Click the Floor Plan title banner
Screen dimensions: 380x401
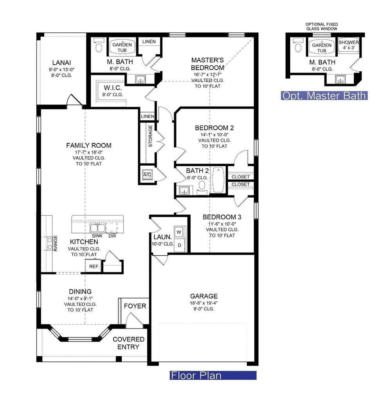pyautogui.click(x=213, y=375)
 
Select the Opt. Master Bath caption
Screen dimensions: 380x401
pyautogui.click(x=324, y=96)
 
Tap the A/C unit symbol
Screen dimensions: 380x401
pyautogui.click(x=147, y=175)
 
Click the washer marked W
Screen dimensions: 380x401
pyautogui.click(x=179, y=232)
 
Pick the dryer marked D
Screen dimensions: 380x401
pyautogui.click(x=179, y=245)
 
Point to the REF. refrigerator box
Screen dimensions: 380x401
pyautogui.click(x=94, y=266)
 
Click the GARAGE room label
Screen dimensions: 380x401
pyautogui.click(x=204, y=296)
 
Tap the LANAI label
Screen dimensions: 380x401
pyautogui.click(x=61, y=63)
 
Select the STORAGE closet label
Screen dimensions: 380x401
pyautogui.click(x=150, y=136)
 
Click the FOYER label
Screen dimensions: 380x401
pyautogui.click(x=135, y=306)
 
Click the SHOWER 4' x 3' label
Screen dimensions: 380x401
pyautogui.click(x=349, y=45)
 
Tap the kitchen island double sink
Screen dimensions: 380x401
pyautogui.click(x=97, y=228)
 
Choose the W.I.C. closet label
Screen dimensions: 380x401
pyautogui.click(x=113, y=88)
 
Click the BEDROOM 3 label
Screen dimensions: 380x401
pyautogui.click(x=222, y=217)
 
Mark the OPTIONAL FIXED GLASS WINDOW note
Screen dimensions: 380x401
pyautogui.click(x=322, y=27)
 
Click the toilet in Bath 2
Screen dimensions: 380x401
pyautogui.click(x=202, y=187)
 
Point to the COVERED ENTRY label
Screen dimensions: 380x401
pyautogui.click(x=128, y=343)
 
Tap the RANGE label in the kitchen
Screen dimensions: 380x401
pyautogui.click(x=56, y=243)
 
